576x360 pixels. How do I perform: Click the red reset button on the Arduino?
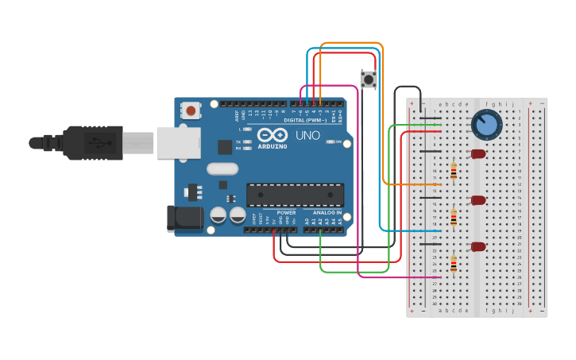(x=191, y=111)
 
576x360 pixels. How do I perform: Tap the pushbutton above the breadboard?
(x=369, y=79)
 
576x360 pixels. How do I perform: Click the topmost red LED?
(x=478, y=153)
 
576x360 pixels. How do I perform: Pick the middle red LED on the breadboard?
(x=478, y=200)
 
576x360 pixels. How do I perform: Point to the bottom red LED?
(x=478, y=246)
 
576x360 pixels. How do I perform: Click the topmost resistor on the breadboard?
(x=454, y=171)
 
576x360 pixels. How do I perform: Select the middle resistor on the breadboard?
(x=454, y=217)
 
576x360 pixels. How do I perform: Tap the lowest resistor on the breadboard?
(x=454, y=264)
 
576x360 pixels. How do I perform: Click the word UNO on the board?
(x=307, y=136)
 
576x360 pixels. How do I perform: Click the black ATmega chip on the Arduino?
(x=295, y=195)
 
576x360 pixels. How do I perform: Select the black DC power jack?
(x=181, y=219)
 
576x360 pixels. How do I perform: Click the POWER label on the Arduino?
(x=286, y=213)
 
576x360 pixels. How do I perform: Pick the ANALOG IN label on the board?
(x=327, y=213)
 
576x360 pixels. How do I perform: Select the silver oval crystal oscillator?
(x=222, y=168)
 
